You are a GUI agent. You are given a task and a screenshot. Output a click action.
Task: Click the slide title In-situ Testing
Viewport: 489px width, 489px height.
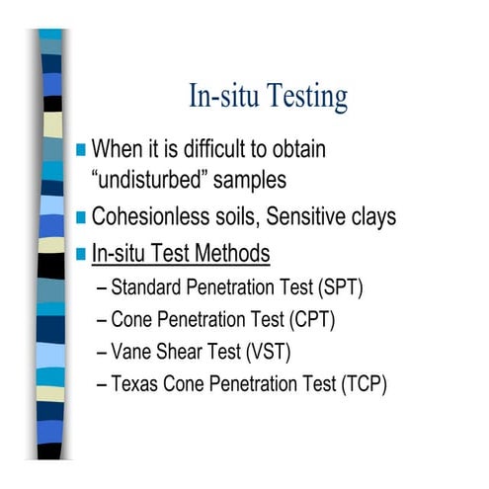[268, 97]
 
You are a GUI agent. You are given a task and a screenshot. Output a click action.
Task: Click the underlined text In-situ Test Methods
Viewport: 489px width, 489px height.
[180, 254]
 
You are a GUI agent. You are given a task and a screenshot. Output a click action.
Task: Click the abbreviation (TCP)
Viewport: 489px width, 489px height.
[361, 383]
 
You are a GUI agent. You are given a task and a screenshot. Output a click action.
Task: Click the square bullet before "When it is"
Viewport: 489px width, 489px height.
[81, 150]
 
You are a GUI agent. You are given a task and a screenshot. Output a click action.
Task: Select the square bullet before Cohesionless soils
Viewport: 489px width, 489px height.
[81, 217]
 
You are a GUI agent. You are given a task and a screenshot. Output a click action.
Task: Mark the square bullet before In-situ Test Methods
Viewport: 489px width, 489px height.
[81, 254]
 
